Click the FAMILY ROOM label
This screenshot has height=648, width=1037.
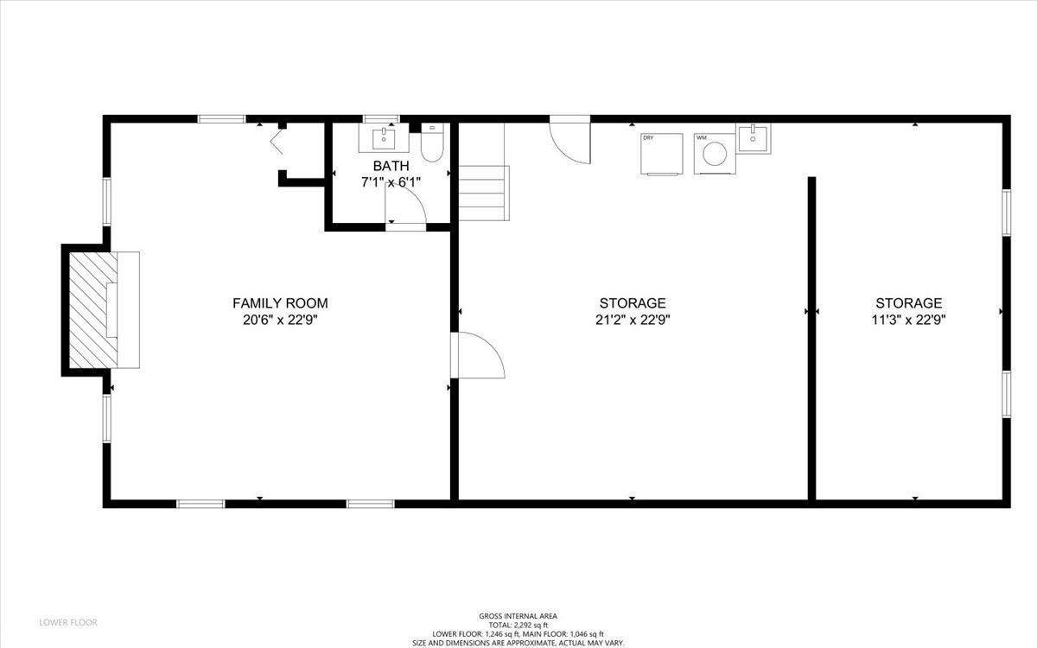280,303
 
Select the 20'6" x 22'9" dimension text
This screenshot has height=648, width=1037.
280,319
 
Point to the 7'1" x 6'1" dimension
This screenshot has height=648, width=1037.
390,182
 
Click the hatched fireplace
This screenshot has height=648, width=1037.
88,309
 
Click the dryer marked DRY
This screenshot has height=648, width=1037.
661,154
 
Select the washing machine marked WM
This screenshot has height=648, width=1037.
714,154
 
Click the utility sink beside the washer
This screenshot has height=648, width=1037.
754,138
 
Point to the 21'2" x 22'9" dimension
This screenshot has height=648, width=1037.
633,319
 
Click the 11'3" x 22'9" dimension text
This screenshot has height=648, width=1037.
908,319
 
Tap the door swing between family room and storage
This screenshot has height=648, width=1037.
478,354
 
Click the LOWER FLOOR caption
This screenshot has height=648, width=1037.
68,622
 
